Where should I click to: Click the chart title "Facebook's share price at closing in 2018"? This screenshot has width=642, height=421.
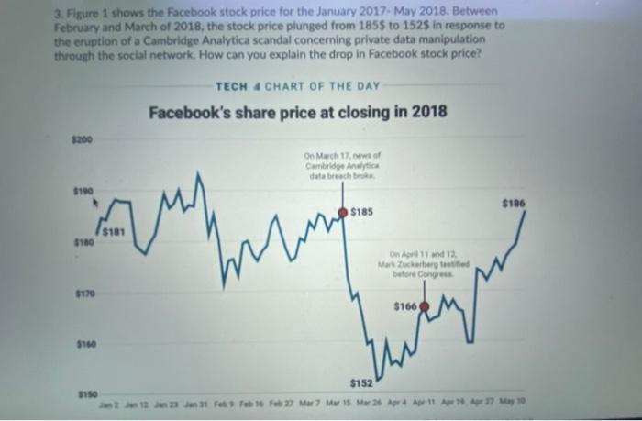coord(299,112)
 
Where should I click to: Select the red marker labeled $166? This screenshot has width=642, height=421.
coord(424,306)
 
